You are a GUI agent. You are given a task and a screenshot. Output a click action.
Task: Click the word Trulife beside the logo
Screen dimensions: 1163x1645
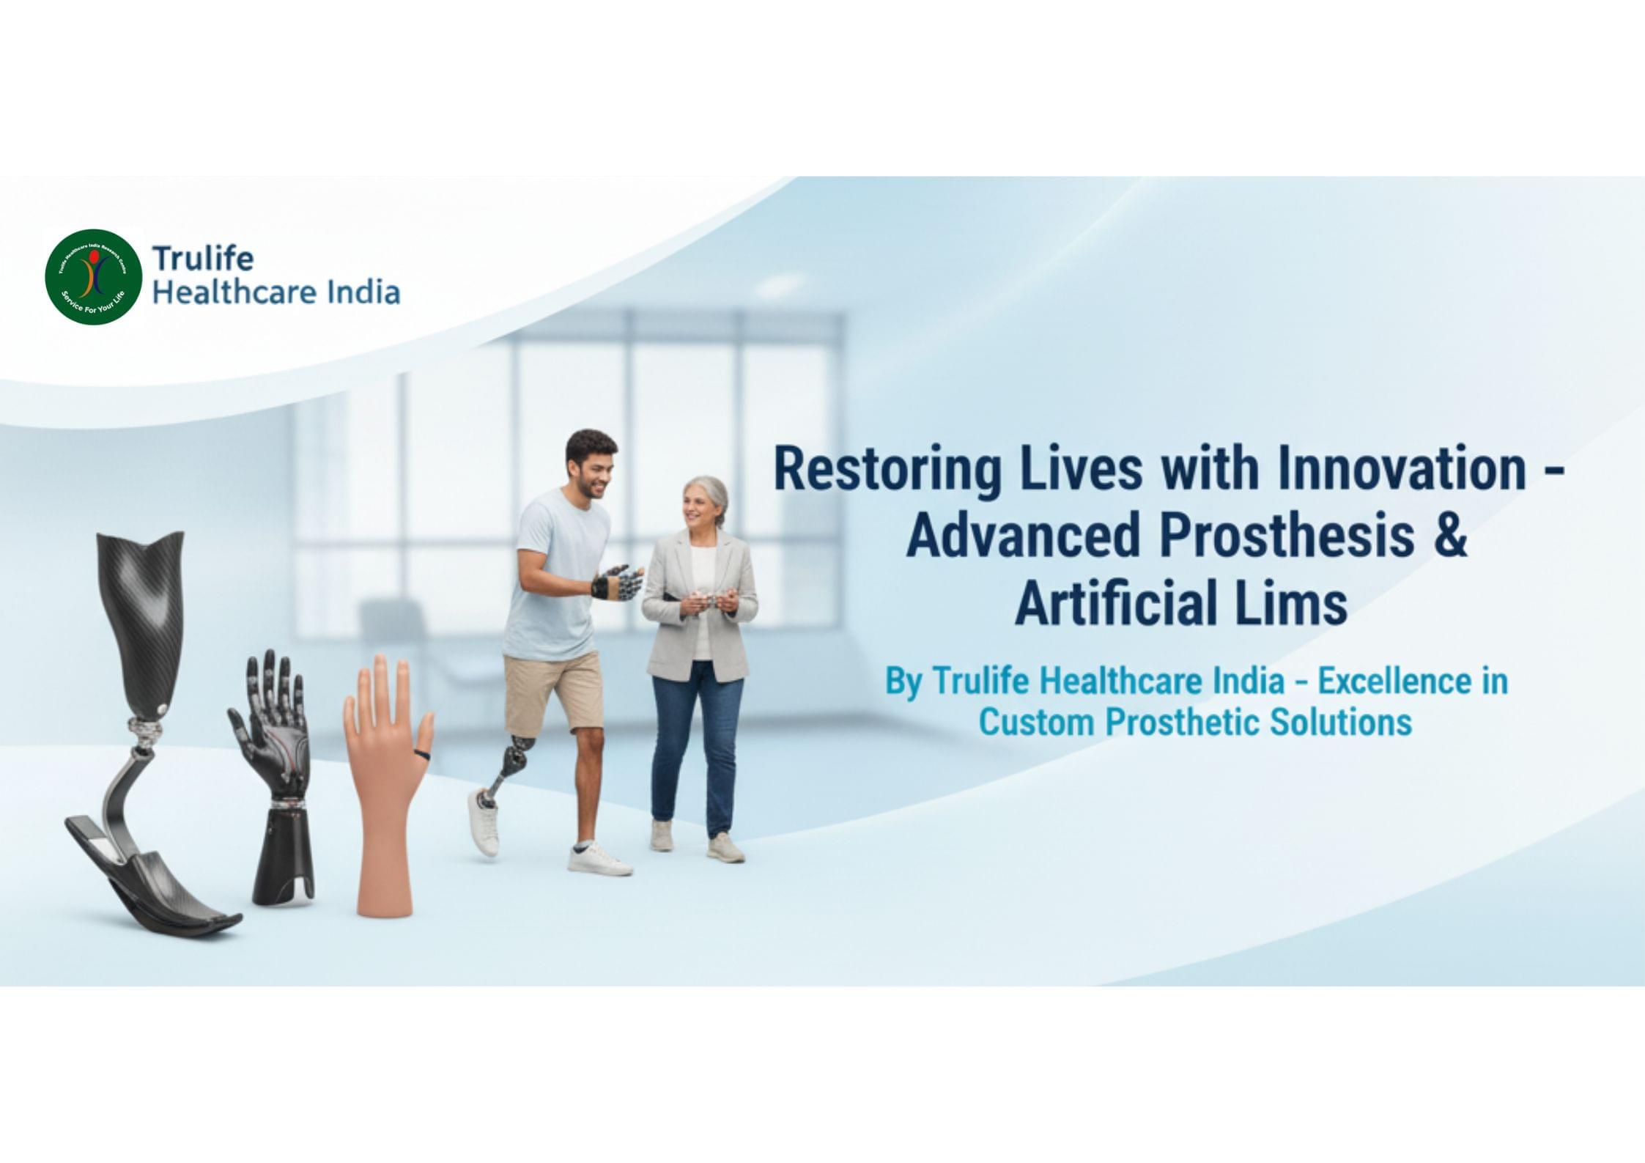tap(202, 259)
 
